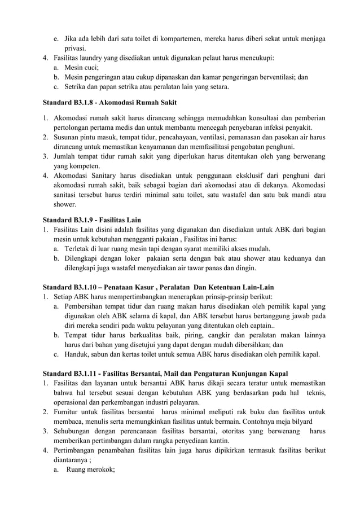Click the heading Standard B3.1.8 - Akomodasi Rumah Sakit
110,103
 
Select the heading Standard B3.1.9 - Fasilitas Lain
92,220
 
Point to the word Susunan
67,137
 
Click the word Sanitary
111,175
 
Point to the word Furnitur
68,413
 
